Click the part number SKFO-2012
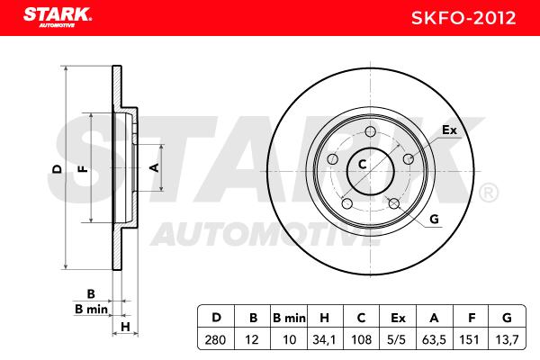point(463,18)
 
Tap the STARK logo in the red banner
point(58,17)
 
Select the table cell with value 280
point(215,339)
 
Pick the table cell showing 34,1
point(324,339)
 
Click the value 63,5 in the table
point(434,339)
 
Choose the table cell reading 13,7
point(507,339)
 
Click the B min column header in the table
point(289,318)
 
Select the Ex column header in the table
point(398,318)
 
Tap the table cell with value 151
point(470,339)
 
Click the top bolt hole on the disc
point(371,131)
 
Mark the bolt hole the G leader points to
point(394,203)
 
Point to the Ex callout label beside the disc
point(449,130)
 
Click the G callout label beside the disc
point(435,219)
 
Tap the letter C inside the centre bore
point(363,165)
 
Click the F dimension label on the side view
point(83,169)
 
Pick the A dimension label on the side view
point(155,167)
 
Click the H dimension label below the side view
point(125,326)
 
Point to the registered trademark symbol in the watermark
point(489,193)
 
